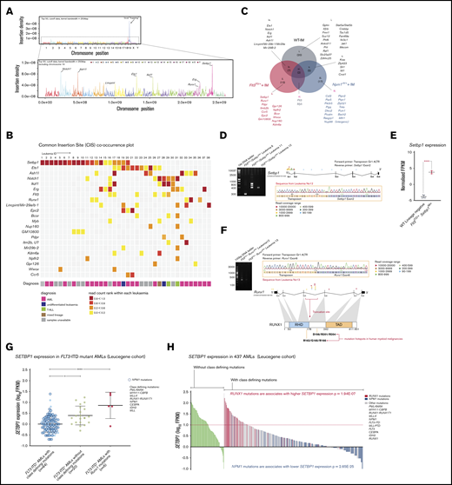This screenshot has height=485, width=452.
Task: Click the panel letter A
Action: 5,5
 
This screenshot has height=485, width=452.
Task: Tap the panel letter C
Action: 231,5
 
